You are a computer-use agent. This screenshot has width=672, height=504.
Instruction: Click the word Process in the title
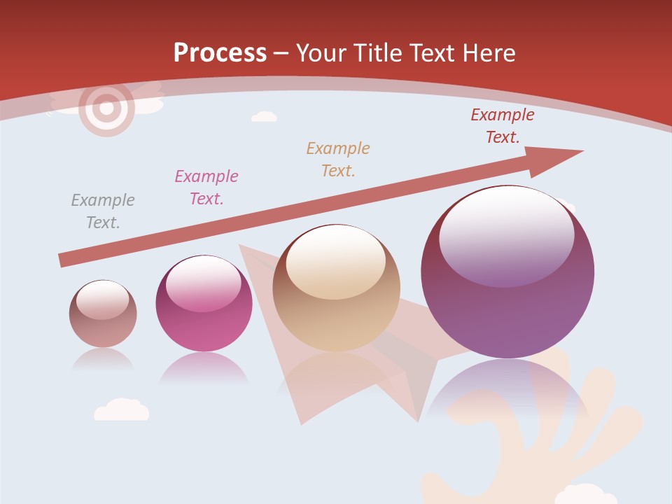pos(220,53)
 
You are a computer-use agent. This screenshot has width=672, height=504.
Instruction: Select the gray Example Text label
pos(103,211)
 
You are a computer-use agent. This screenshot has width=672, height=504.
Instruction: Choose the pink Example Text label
pos(206,188)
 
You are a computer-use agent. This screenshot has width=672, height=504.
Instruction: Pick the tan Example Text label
pos(338,160)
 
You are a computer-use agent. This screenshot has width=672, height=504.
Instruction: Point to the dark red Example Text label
pos(503,126)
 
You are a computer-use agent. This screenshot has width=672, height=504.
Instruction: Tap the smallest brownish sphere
pos(103,314)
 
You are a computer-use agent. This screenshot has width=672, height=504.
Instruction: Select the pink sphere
pos(204,304)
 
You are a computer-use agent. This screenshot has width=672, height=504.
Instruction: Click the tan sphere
pos(337,288)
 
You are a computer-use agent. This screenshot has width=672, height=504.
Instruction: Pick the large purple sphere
pos(507,273)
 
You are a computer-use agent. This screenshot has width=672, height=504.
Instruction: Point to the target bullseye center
pos(106,108)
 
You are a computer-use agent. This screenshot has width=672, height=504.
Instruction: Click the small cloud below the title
pos(264,116)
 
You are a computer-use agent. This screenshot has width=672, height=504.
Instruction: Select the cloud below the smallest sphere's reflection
pos(122,410)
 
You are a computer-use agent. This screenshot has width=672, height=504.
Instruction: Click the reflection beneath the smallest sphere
pos(104,359)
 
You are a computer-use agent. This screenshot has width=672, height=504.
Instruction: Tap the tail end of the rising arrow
pos(64,260)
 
